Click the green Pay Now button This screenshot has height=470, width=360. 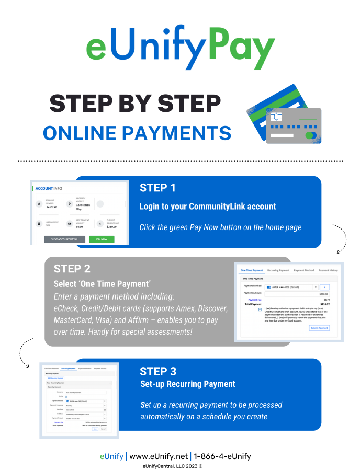click(x=102, y=239)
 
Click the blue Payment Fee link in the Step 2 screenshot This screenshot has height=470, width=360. click(x=254, y=299)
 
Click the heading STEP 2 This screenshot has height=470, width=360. click(x=72, y=269)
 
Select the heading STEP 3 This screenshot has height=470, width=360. click(x=158, y=371)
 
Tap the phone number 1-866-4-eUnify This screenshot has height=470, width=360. click(x=222, y=456)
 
